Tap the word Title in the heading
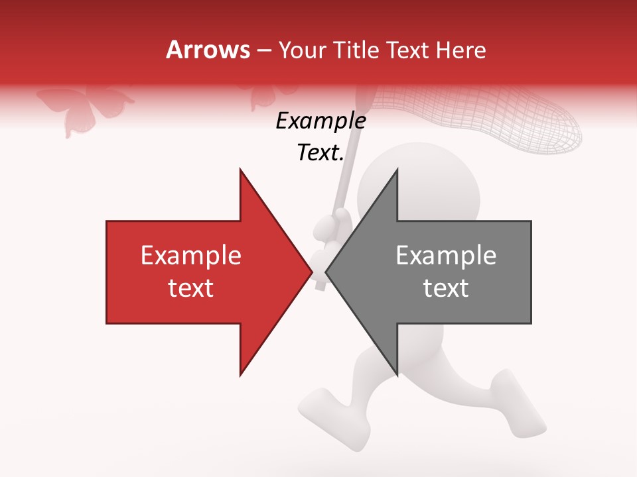click(359, 50)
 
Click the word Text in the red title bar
click(413, 50)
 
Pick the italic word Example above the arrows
click(320, 121)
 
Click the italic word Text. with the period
click(320, 153)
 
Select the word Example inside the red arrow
click(191, 255)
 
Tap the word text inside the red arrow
click(191, 288)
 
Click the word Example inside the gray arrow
click(446, 255)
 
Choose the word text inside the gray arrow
click(446, 288)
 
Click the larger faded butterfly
click(84, 108)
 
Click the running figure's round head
click(391, 179)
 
